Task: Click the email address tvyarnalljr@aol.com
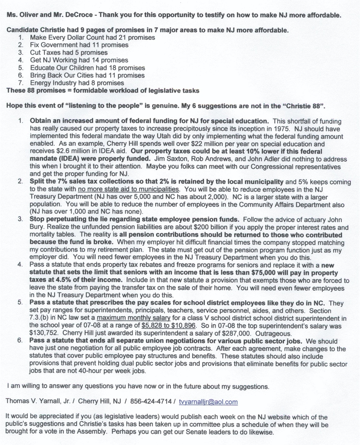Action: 208,402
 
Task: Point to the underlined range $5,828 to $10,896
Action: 169,325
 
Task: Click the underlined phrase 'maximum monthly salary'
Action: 133,318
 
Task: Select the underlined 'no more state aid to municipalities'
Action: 128,189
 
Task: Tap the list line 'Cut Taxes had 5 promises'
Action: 69,53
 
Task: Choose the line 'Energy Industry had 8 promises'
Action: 77,83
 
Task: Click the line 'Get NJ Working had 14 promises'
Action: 79,60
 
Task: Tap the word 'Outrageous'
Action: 273,334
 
